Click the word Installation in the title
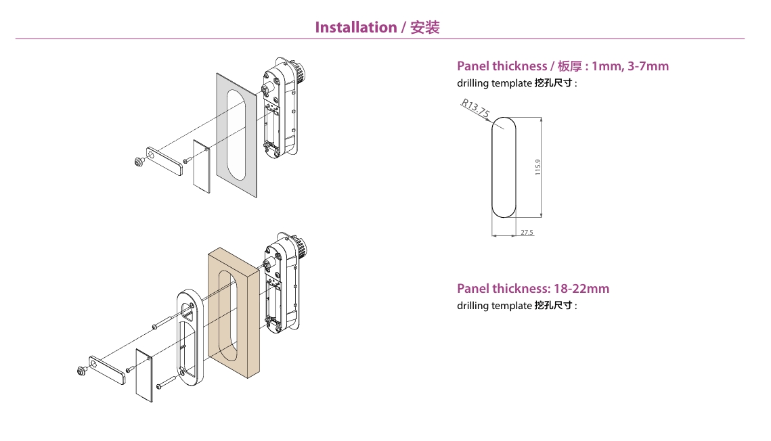[x=355, y=28]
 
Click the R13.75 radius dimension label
[x=475, y=108]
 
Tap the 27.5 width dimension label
[x=527, y=233]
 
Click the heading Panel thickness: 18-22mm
[x=533, y=289]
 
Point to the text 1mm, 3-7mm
[x=630, y=66]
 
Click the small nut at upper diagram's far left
[x=139, y=162]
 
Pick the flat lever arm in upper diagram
[x=163, y=160]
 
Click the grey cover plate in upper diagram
[x=201, y=166]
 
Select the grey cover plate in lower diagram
[x=144, y=375]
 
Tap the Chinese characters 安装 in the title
[x=425, y=28]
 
